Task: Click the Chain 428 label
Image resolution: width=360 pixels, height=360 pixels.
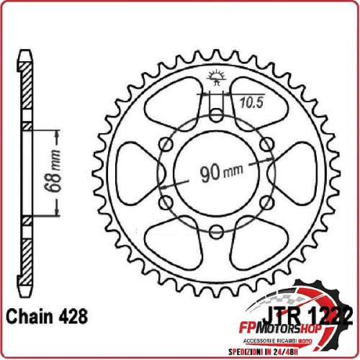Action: (x=47, y=316)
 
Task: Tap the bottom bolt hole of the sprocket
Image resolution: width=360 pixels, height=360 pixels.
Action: (x=216, y=231)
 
